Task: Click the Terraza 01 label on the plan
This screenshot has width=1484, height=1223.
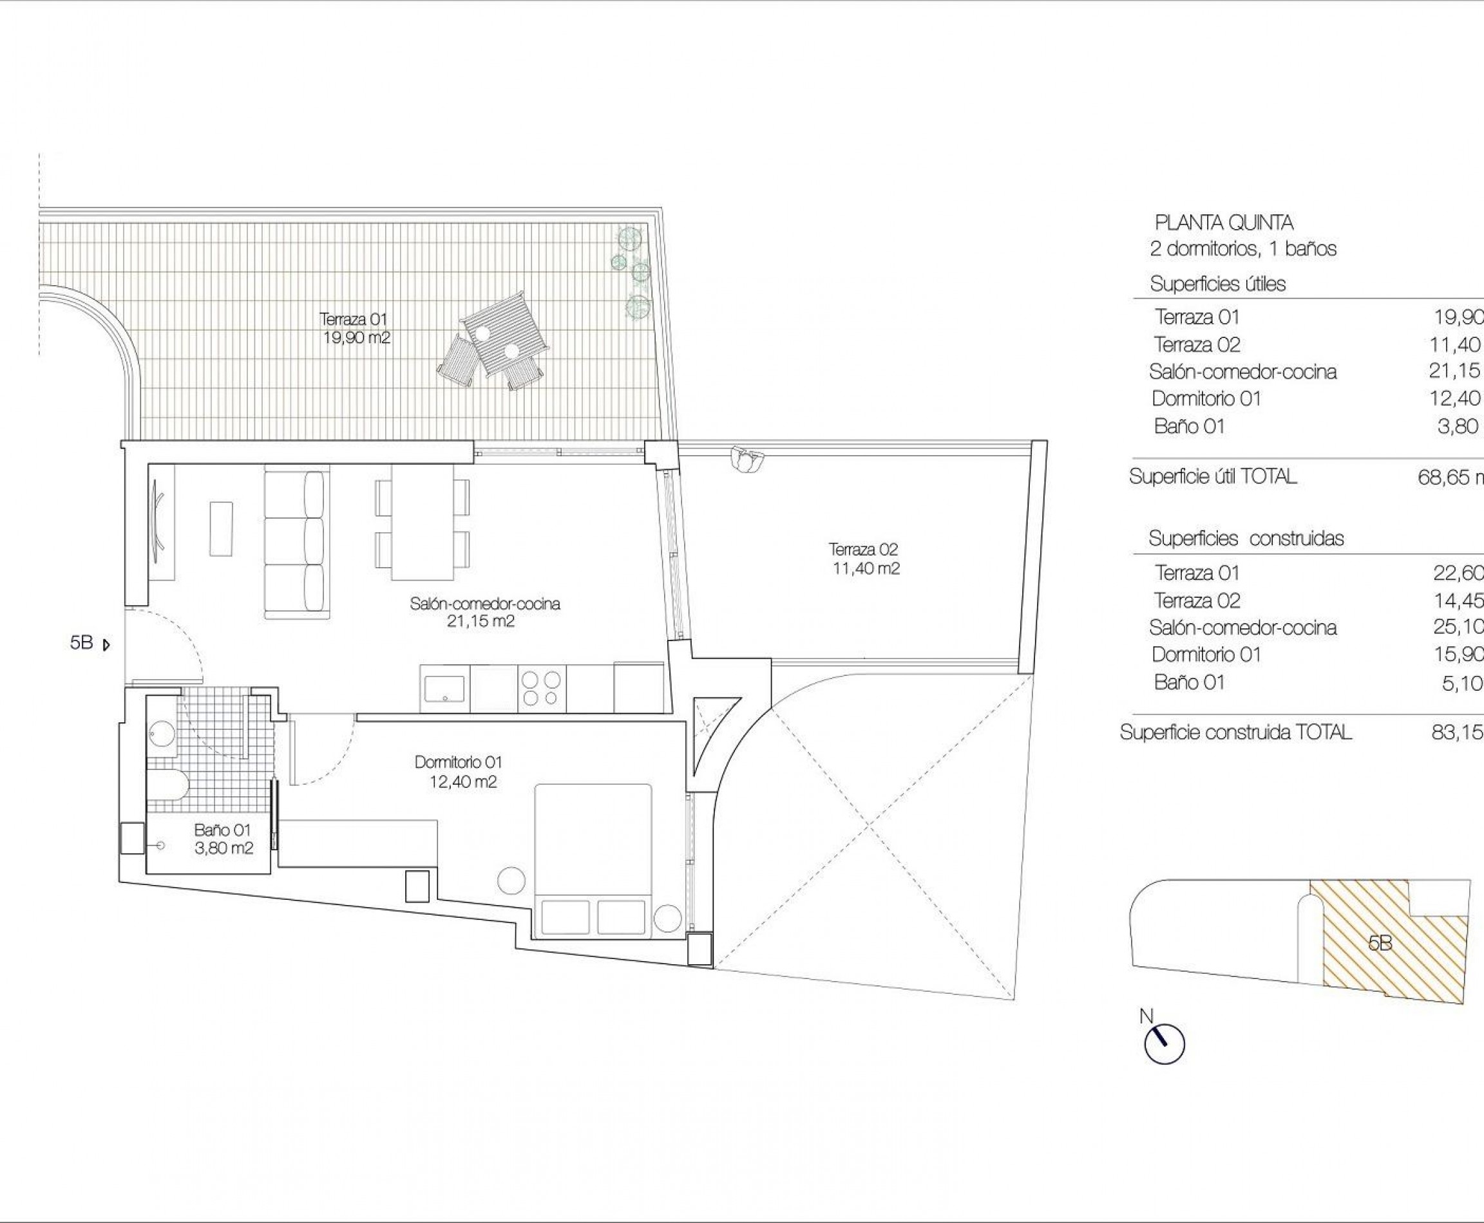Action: [x=354, y=328]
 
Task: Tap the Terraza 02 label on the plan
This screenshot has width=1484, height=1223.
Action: [x=865, y=559]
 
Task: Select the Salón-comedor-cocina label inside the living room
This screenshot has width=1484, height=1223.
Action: [x=484, y=611]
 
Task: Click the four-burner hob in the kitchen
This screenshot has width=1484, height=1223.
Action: [x=542, y=687]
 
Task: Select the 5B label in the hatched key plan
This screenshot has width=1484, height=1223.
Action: [x=1380, y=942]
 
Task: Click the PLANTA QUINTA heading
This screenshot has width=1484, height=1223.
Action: [x=1223, y=223]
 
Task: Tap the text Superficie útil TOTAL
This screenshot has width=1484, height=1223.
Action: [x=1213, y=477]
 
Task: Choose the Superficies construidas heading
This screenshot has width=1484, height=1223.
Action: [x=1246, y=539]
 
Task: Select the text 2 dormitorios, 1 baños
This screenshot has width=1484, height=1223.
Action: [x=1243, y=248]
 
